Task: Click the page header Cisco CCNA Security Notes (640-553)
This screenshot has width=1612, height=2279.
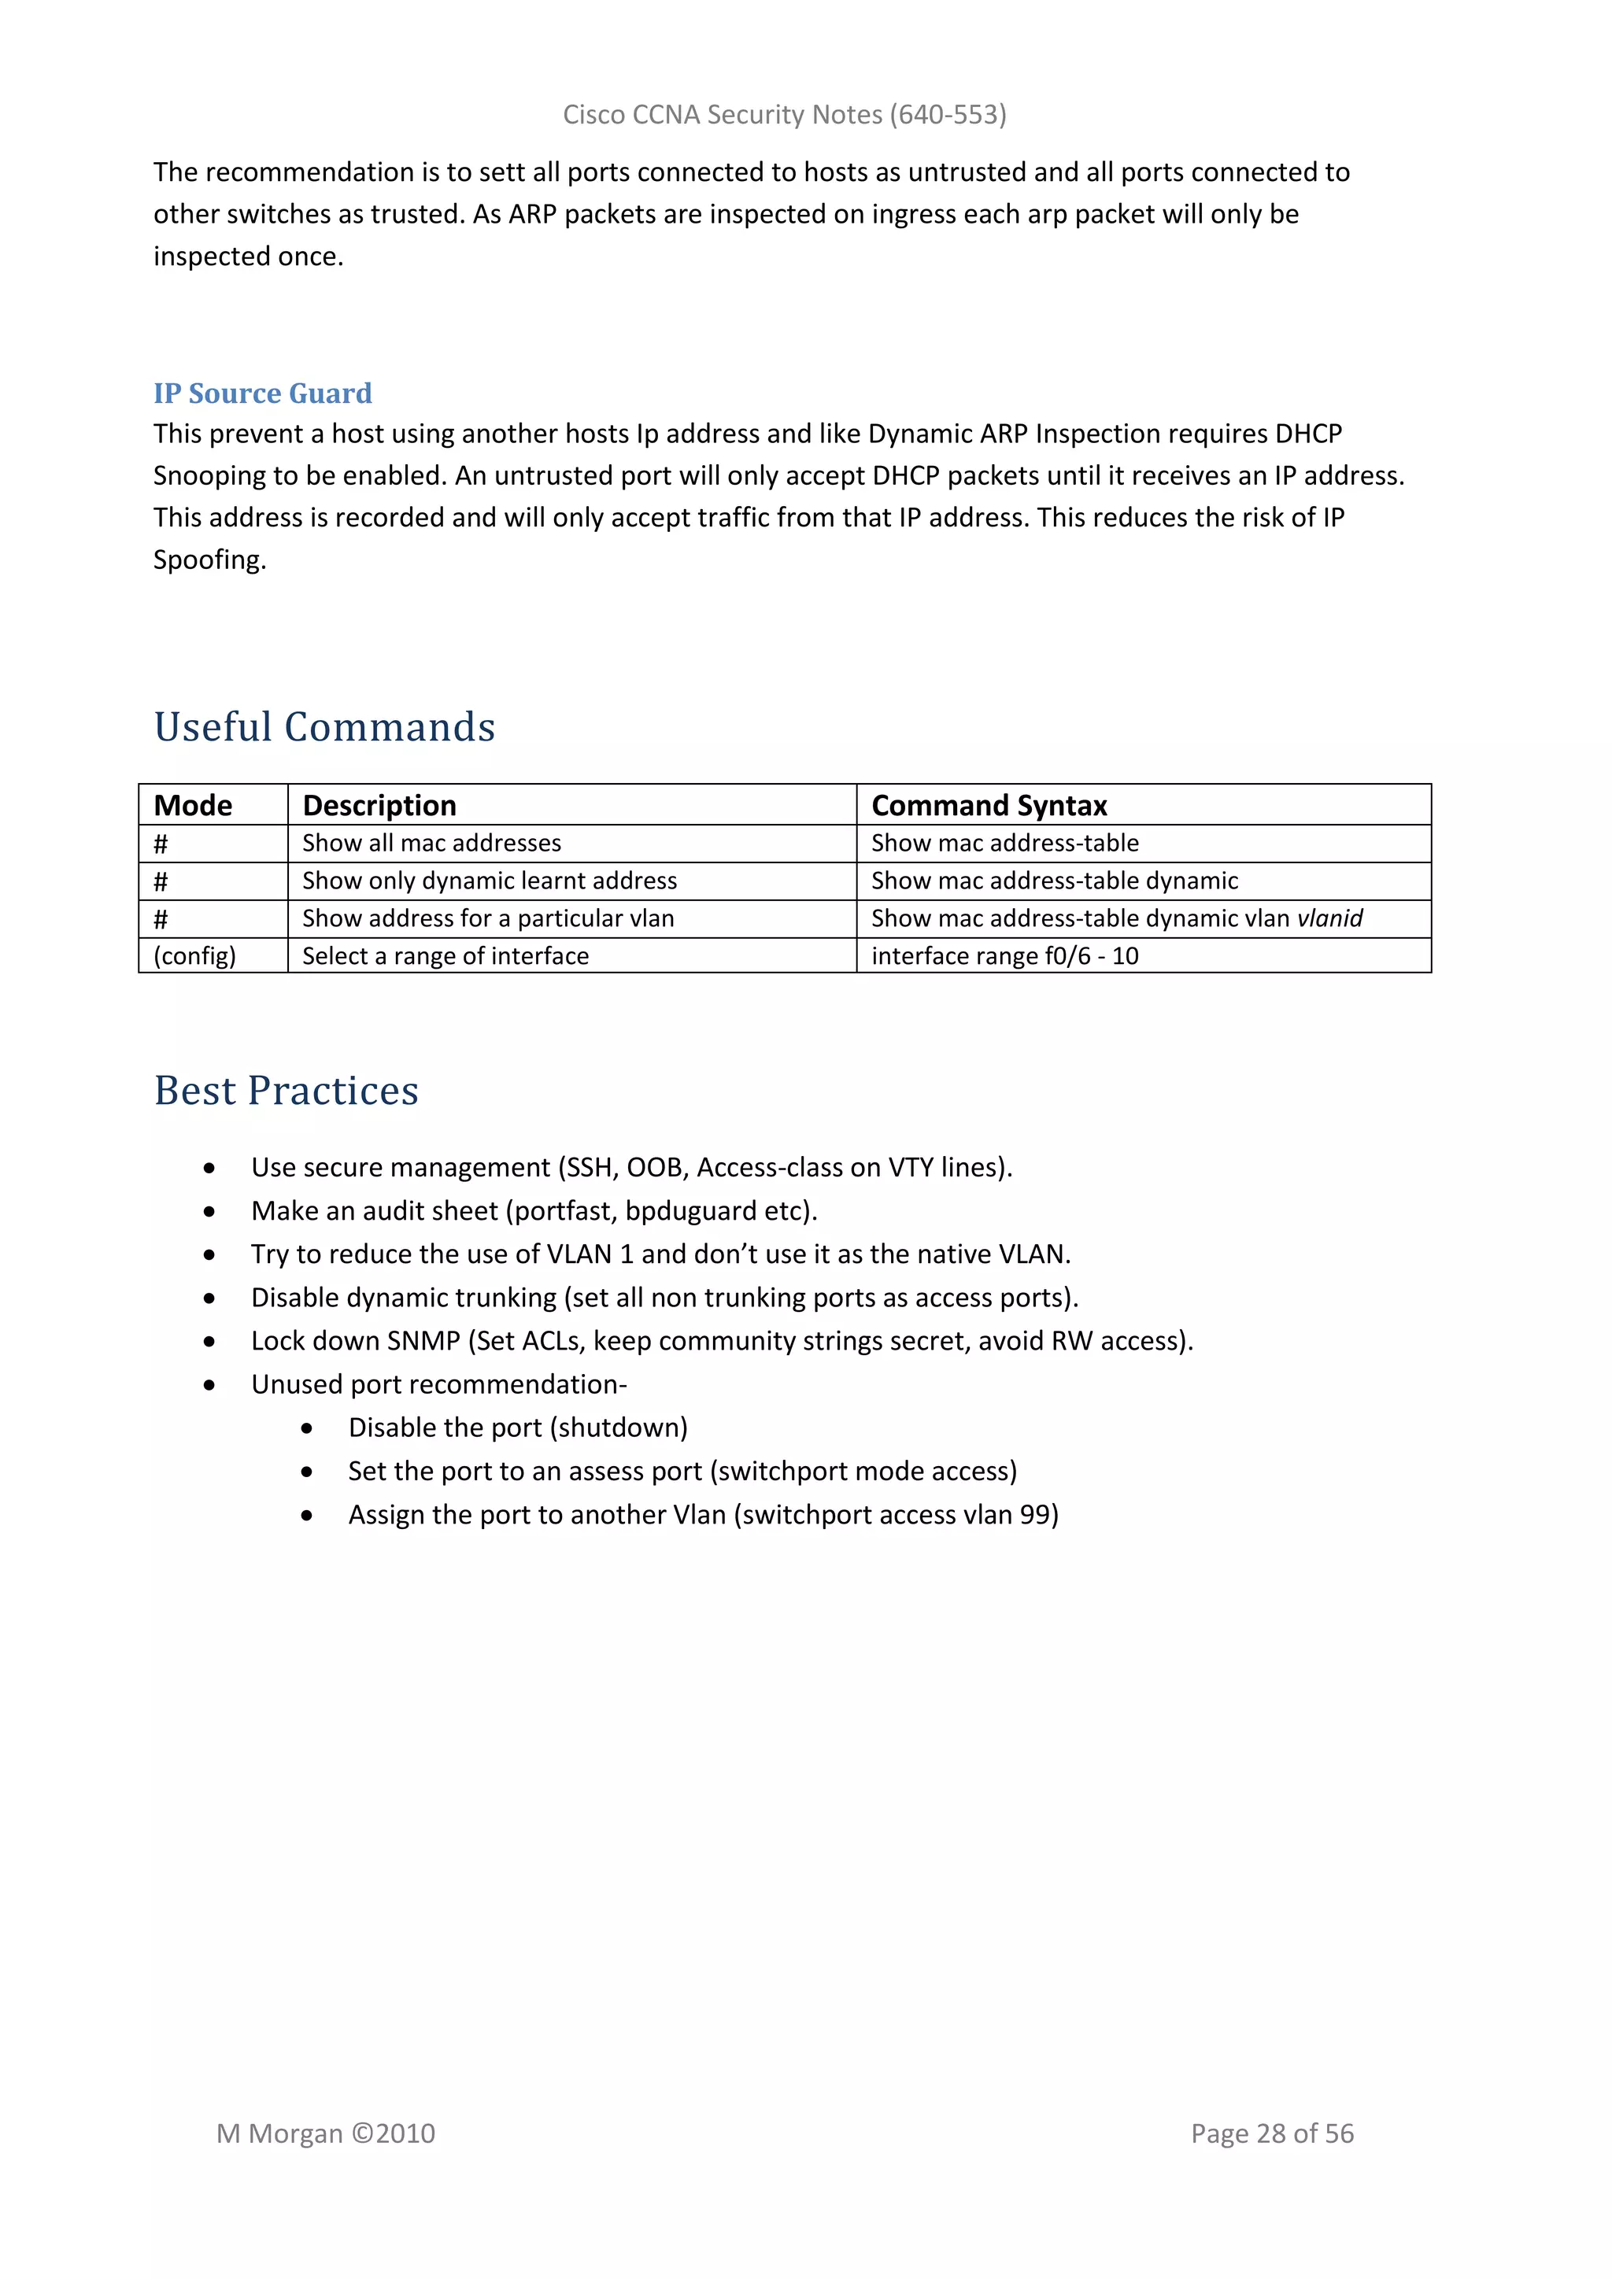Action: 784,115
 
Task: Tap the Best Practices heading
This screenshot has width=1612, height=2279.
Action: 286,1090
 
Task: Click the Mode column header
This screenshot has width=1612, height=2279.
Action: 193,805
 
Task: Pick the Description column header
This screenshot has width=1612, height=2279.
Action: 379,805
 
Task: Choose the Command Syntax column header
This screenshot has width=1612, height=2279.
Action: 989,805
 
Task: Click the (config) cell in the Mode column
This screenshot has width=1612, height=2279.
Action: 194,956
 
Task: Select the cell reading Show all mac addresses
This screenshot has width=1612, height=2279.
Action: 432,843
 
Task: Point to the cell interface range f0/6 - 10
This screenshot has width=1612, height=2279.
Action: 1004,956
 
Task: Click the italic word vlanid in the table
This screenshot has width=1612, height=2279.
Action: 1330,918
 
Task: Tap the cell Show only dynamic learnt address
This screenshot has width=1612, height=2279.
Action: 490,881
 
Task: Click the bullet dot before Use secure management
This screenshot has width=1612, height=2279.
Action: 209,1169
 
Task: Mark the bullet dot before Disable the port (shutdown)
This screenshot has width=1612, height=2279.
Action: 307,1428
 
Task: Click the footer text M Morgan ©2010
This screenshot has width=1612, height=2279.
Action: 326,2133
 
